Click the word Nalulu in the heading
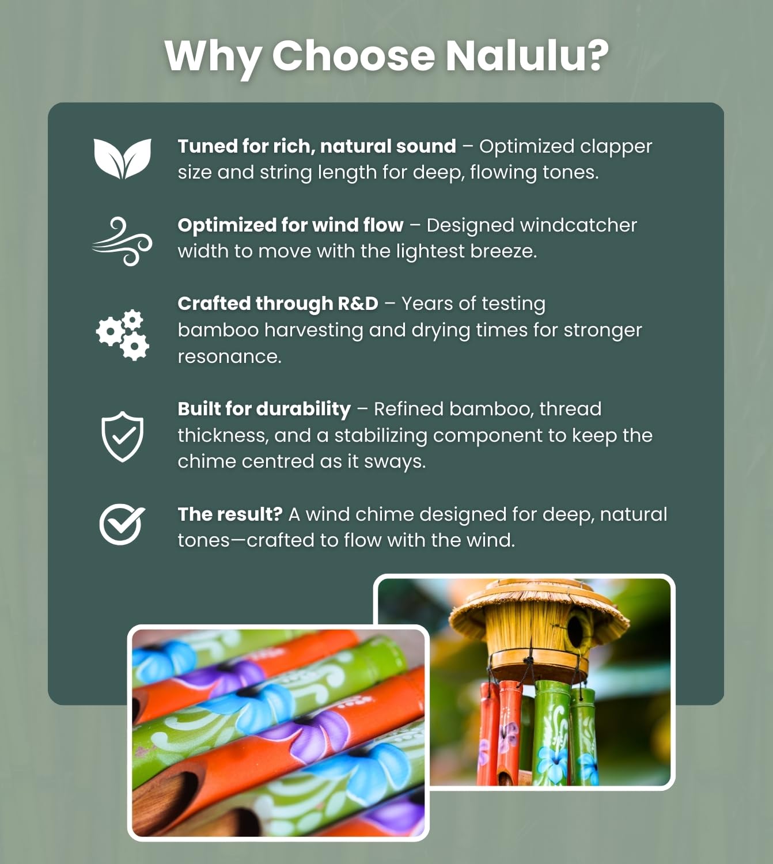tap(526, 56)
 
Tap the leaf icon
tap(122, 158)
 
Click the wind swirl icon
tap(122, 241)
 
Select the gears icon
tap(122, 335)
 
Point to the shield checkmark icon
tap(122, 436)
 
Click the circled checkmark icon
tap(122, 524)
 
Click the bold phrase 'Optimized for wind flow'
tap(290, 225)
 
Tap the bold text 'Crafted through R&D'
tap(278, 304)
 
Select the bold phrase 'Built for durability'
tap(264, 409)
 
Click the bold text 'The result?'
tap(230, 514)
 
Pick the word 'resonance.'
tap(229, 357)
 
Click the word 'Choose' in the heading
tap(353, 56)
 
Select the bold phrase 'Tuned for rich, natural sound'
tap(316, 147)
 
